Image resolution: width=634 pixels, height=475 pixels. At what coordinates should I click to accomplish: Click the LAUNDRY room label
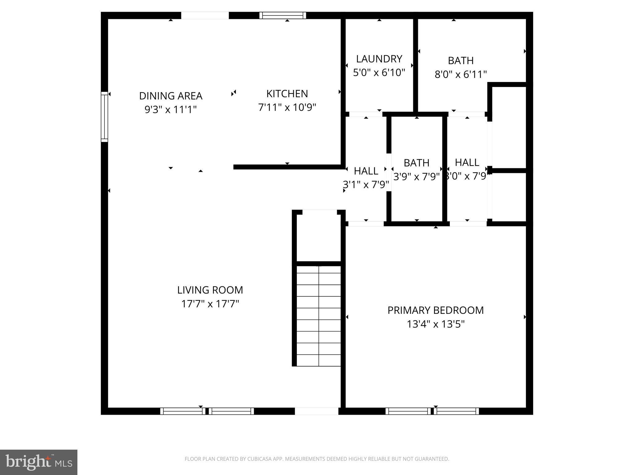379,59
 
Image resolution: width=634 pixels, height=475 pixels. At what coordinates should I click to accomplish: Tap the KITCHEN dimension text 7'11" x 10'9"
287,107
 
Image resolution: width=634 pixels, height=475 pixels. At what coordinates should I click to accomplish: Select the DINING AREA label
171,96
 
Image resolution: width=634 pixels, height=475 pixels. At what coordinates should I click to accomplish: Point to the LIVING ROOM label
210,290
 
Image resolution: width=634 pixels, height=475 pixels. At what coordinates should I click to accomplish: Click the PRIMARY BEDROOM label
435,310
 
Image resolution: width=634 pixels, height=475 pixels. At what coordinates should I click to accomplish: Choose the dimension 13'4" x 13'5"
435,324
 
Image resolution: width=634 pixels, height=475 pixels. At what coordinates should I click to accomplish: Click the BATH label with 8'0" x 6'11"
460,61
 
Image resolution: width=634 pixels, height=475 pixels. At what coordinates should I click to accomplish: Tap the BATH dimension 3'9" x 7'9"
416,177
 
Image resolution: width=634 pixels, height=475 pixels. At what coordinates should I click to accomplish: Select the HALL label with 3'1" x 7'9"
366,171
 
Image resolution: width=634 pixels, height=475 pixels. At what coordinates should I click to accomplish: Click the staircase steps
319,315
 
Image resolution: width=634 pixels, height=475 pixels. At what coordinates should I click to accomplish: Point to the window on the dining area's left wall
105,117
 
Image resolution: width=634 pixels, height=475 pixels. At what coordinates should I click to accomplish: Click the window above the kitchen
282,15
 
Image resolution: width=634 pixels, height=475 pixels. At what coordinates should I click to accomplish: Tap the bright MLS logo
39,462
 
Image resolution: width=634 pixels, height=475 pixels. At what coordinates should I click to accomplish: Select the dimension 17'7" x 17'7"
210,304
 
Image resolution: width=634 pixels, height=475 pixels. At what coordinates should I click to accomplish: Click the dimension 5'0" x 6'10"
379,73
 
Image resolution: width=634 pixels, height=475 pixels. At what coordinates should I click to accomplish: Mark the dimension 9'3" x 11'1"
171,109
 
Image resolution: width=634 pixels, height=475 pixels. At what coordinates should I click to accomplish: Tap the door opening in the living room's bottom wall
316,411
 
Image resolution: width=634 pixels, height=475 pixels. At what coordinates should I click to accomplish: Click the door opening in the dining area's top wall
205,15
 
